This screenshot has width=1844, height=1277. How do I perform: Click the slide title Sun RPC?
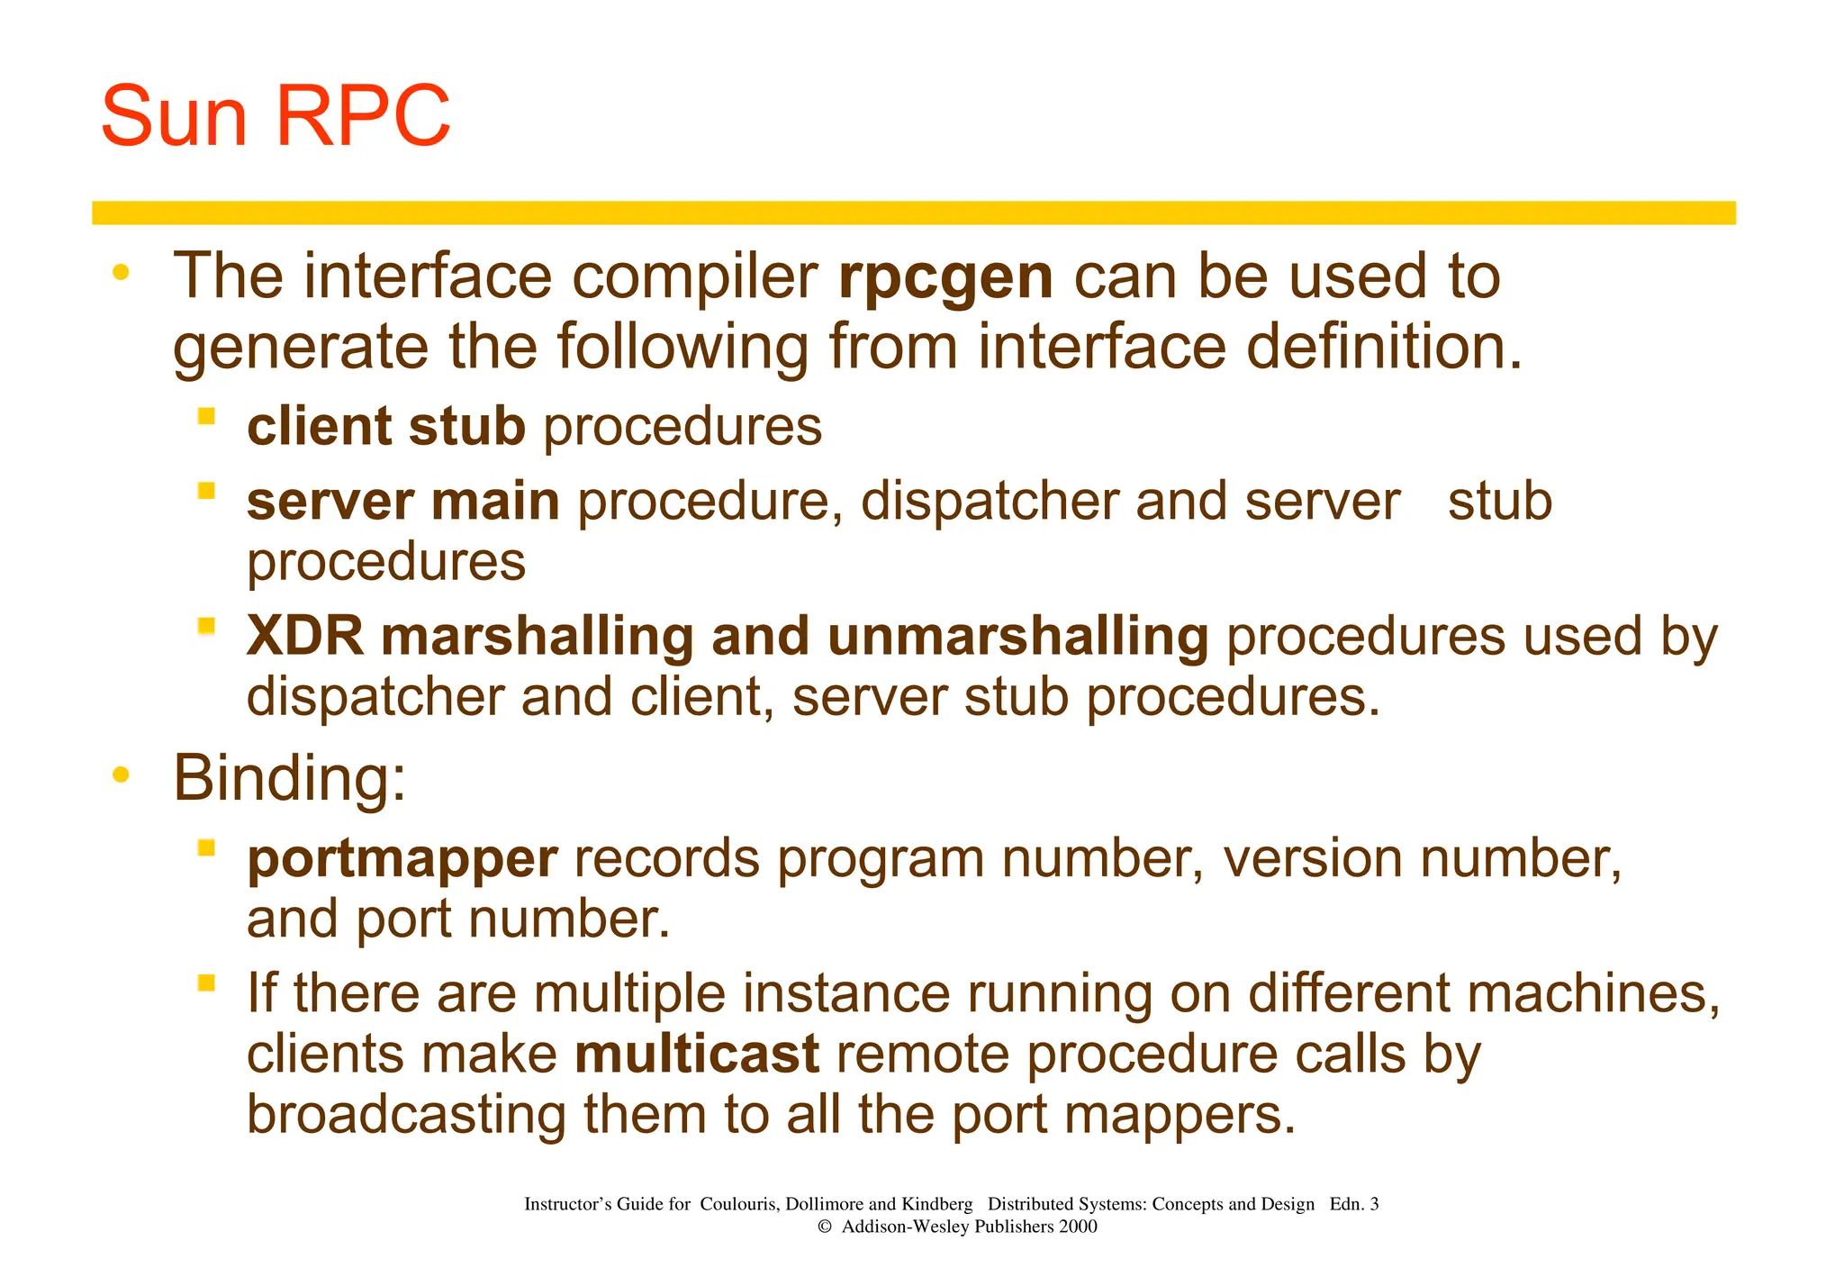[x=276, y=116]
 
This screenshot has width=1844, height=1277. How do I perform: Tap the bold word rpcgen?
[x=945, y=277]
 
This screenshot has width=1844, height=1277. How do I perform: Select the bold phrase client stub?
[x=386, y=426]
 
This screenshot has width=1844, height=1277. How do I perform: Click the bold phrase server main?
[x=402, y=502]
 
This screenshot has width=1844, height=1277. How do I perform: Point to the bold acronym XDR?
[x=305, y=636]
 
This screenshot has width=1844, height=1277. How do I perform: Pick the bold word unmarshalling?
[x=1017, y=636]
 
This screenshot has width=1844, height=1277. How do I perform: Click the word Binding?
[x=289, y=777]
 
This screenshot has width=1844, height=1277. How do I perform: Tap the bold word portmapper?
[x=402, y=858]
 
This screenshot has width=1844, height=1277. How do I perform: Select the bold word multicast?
[x=697, y=1054]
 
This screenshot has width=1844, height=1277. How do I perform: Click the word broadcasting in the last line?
[x=406, y=1114]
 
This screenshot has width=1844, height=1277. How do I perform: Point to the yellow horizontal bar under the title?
[x=913, y=213]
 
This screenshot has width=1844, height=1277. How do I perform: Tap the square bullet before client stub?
[x=207, y=416]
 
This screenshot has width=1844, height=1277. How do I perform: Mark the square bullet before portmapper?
[x=207, y=847]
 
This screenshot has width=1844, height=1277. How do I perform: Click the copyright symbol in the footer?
[x=824, y=1227]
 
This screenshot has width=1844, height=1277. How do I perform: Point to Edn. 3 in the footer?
[x=1353, y=1204]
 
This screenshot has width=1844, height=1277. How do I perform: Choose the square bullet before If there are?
[x=207, y=983]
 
